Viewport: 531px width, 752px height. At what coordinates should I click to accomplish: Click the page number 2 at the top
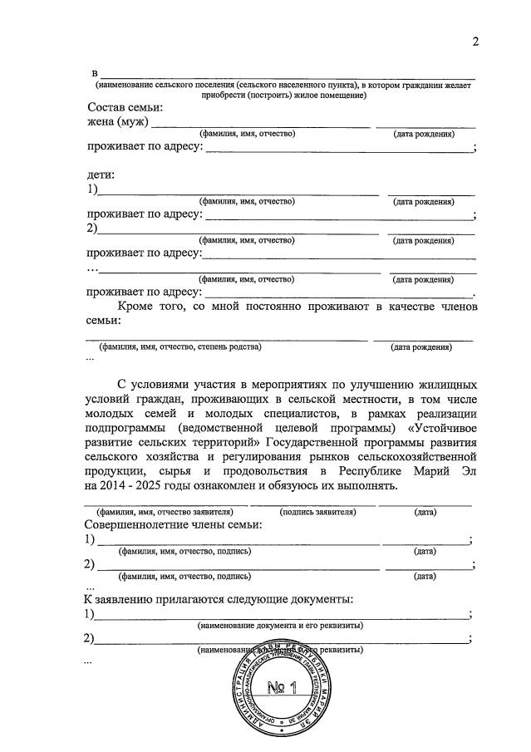(x=475, y=42)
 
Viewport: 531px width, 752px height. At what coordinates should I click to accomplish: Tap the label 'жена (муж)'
(x=117, y=123)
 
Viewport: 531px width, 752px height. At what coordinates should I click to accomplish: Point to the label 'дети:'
(x=101, y=175)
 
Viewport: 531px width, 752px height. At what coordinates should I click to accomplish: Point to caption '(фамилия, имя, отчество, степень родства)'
(x=179, y=347)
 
